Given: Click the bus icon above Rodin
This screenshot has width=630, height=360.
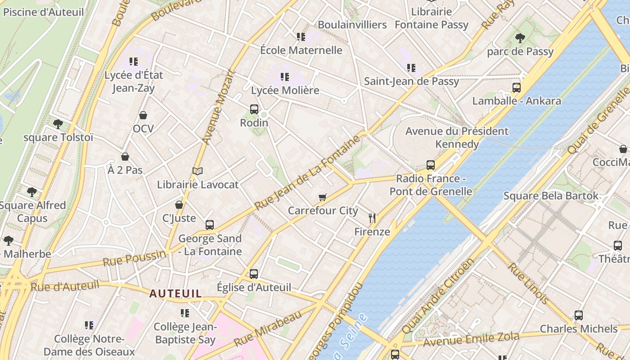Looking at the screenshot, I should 254,109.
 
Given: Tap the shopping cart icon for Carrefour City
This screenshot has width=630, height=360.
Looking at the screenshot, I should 322,197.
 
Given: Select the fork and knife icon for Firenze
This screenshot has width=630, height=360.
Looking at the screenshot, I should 372,218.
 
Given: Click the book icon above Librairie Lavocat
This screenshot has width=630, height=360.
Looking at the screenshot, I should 198,171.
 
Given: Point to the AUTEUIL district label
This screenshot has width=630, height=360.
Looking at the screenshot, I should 175,293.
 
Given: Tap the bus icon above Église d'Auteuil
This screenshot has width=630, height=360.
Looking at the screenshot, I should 254,274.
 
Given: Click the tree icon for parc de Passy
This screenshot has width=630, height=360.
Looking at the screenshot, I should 520,38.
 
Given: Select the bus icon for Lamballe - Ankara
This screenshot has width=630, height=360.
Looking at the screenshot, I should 517,87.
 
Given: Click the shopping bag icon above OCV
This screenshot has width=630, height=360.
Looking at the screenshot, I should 143,115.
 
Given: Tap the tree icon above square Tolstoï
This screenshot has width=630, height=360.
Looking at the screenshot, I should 58,124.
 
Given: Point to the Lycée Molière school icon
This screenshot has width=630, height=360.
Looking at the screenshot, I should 284,77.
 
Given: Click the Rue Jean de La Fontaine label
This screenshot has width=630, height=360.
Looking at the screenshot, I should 308,173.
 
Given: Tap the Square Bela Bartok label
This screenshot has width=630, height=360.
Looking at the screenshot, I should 551,196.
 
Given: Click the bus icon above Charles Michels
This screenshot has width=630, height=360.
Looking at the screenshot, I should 579,315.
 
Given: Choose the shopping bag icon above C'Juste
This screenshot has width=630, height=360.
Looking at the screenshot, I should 179,205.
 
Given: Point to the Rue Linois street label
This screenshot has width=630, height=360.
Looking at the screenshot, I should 528,283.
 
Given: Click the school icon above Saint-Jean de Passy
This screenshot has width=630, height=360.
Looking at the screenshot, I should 411,68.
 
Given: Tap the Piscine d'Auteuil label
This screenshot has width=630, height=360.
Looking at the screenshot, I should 43,12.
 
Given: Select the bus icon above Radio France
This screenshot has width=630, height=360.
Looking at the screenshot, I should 431,165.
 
